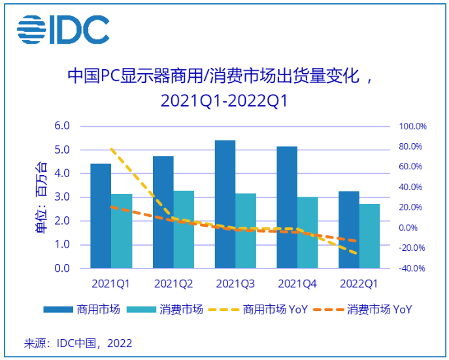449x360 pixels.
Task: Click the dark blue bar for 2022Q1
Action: (348, 229)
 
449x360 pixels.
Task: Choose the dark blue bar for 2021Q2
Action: (163, 212)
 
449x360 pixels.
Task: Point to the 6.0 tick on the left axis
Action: (62, 126)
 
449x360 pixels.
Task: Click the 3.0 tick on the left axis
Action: (62, 197)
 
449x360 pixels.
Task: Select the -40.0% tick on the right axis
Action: (412, 269)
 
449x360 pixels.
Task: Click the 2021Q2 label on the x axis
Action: (173, 284)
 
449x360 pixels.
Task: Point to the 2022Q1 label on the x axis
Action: (359, 284)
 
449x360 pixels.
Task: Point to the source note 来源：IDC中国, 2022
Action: (78, 342)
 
